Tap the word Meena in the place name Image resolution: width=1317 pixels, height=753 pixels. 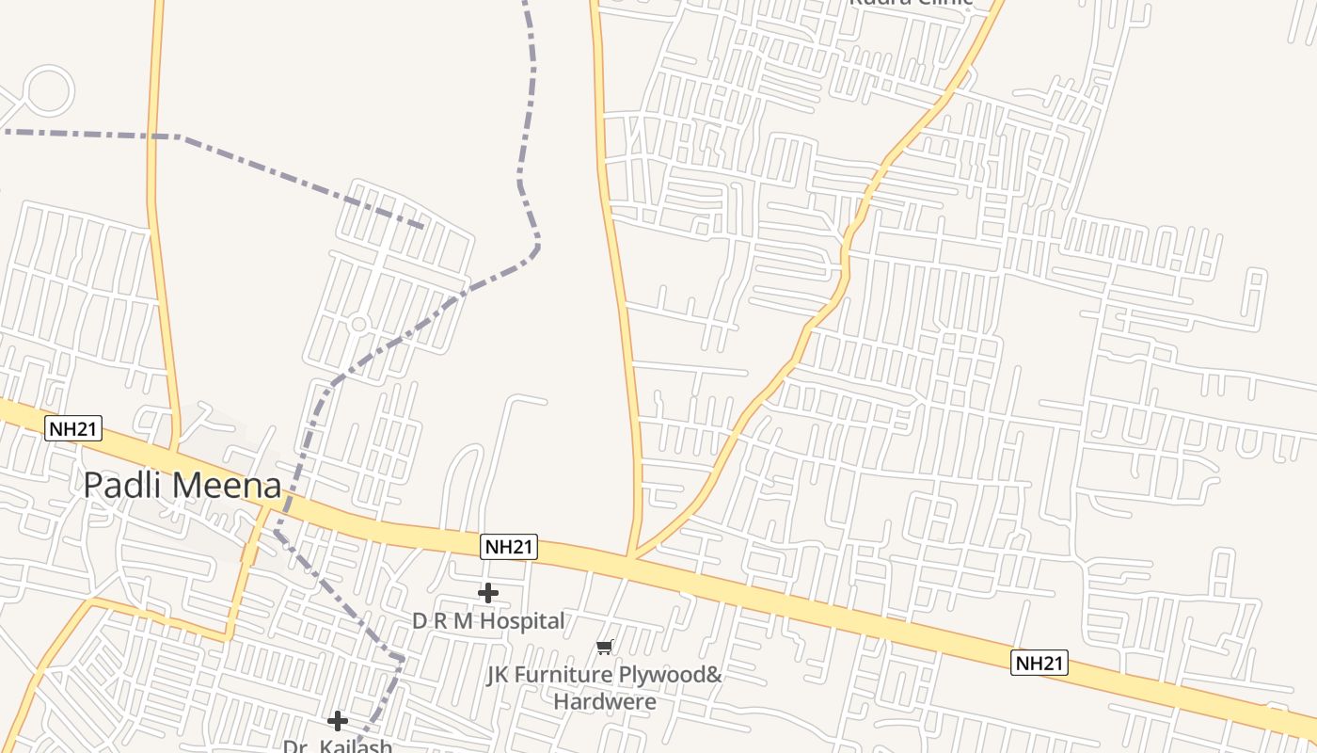pos(229,486)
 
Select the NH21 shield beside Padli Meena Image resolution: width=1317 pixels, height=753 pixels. pos(72,429)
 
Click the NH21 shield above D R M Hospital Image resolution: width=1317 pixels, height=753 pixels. pos(509,547)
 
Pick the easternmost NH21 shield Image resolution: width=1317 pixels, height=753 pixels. pos(1039,663)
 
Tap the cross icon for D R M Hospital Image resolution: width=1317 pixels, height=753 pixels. pos(488,593)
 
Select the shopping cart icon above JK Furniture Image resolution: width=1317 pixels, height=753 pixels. pos(605,648)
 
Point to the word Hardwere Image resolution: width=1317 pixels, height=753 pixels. pos(604,701)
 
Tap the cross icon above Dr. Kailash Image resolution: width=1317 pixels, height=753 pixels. pos(338,721)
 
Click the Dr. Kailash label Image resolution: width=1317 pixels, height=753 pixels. pos(338,745)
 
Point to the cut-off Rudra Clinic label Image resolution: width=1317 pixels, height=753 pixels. pos(911,3)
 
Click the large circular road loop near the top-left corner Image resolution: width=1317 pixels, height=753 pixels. pos(46,91)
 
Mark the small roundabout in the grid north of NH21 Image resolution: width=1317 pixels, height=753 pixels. pos(358,325)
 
